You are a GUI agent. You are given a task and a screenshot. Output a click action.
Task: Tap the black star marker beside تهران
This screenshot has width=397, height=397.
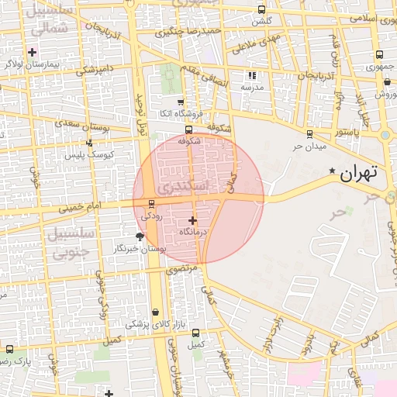(x=333, y=171)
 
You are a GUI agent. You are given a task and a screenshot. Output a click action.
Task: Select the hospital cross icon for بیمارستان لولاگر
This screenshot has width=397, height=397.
(x=32, y=52)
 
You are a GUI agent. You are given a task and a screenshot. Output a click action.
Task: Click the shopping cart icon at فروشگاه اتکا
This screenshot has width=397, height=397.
(x=181, y=102)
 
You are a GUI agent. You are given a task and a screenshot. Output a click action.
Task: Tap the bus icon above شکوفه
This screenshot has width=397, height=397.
(x=188, y=129)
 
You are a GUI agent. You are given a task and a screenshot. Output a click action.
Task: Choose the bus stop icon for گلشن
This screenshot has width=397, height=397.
(x=261, y=9)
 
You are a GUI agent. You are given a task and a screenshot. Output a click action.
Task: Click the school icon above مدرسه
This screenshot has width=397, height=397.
(x=251, y=75)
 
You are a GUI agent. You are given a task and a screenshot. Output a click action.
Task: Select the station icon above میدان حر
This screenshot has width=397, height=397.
(x=309, y=133)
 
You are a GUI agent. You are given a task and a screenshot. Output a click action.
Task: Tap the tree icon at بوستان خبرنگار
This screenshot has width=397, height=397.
(x=140, y=236)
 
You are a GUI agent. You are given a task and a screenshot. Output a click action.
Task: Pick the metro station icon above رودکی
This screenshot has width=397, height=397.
(x=151, y=204)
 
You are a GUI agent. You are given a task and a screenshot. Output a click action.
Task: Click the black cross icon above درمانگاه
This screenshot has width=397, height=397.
(x=192, y=220)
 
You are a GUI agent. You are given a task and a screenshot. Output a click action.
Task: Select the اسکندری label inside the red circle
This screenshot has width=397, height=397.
(x=182, y=187)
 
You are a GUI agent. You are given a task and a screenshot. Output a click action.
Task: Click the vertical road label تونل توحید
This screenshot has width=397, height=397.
(x=142, y=109)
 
